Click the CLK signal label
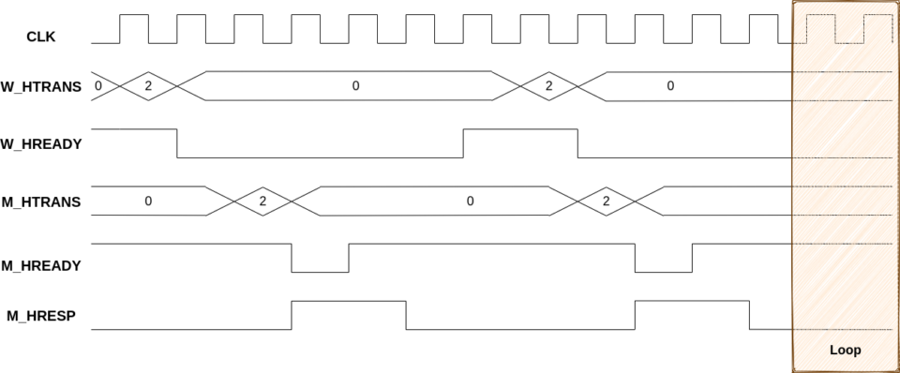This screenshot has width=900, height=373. click(x=41, y=37)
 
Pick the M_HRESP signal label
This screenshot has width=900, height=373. click(x=41, y=316)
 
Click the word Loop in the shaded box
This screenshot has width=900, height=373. click(x=845, y=351)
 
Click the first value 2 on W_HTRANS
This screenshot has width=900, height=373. click(x=147, y=86)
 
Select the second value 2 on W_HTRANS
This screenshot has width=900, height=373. click(x=548, y=86)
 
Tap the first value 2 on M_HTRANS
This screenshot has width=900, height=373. click(x=262, y=201)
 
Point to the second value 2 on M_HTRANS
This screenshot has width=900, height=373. click(x=606, y=201)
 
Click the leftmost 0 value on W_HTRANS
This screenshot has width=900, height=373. click(x=97, y=86)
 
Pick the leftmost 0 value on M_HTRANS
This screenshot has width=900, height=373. click(x=148, y=201)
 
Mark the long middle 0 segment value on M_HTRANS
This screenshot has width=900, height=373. click(x=470, y=201)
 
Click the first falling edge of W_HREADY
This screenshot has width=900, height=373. click(x=177, y=143)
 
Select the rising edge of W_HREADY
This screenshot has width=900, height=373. click(x=463, y=143)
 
